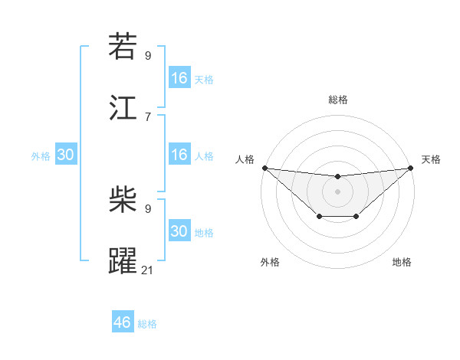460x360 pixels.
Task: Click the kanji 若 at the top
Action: click(123, 47)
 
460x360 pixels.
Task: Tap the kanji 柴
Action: click(123, 201)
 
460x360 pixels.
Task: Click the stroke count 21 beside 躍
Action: click(148, 269)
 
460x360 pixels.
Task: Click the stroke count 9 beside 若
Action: click(147, 55)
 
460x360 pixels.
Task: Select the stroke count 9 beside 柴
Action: click(147, 208)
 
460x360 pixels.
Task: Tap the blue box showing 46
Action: click(123, 322)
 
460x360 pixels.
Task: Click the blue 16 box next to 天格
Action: click(179, 78)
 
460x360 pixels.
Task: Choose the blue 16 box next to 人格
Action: click(179, 155)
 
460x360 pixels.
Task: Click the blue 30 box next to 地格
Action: click(179, 231)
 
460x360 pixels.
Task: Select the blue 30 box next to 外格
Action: click(66, 155)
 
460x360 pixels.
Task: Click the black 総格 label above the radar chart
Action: click(337, 100)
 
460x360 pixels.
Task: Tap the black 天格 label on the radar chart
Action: click(431, 159)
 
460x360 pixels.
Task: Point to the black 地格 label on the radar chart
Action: click(402, 262)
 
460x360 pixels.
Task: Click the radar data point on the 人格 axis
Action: click(264, 168)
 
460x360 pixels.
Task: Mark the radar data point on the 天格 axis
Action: click(411, 168)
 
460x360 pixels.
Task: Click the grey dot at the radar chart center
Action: click(337, 191)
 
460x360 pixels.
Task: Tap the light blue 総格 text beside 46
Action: click(147, 324)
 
